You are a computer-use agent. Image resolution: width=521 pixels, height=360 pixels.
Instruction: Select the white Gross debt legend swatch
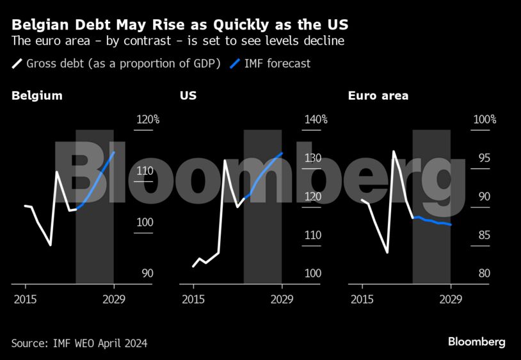point(17,63)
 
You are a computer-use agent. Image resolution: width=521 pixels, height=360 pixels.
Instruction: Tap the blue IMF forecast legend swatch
point(235,63)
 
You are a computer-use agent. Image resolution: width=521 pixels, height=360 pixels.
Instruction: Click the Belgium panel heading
point(36,96)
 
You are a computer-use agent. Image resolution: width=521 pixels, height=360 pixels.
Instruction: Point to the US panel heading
point(188,96)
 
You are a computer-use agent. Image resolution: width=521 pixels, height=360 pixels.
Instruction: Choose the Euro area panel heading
point(378,96)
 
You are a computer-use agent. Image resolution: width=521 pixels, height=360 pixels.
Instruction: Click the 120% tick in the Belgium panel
point(148,120)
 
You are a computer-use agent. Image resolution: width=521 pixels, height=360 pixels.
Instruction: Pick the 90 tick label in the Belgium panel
point(147,274)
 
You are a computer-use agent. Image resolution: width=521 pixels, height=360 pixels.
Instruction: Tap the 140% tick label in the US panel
point(316,120)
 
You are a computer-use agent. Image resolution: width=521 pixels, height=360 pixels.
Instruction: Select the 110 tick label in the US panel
point(313,235)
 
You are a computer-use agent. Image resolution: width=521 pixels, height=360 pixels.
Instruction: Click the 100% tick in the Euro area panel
point(485,120)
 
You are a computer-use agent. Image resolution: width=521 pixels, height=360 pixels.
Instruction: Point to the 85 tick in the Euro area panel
point(483,235)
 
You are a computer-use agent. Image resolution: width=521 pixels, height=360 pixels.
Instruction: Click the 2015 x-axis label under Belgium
point(24,299)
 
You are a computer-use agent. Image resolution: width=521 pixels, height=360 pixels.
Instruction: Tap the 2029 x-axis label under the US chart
point(282,299)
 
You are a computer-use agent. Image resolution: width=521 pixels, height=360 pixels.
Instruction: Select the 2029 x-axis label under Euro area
point(451,299)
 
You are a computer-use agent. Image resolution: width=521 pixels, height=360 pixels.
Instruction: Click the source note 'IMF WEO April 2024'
point(79,343)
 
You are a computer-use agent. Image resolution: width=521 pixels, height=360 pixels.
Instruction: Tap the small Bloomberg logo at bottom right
point(476,341)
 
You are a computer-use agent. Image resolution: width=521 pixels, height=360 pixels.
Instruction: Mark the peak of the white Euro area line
point(394,152)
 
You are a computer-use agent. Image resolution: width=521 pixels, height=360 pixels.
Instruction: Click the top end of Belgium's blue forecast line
point(114,152)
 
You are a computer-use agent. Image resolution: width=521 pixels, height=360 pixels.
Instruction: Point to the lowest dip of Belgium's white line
point(51,245)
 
